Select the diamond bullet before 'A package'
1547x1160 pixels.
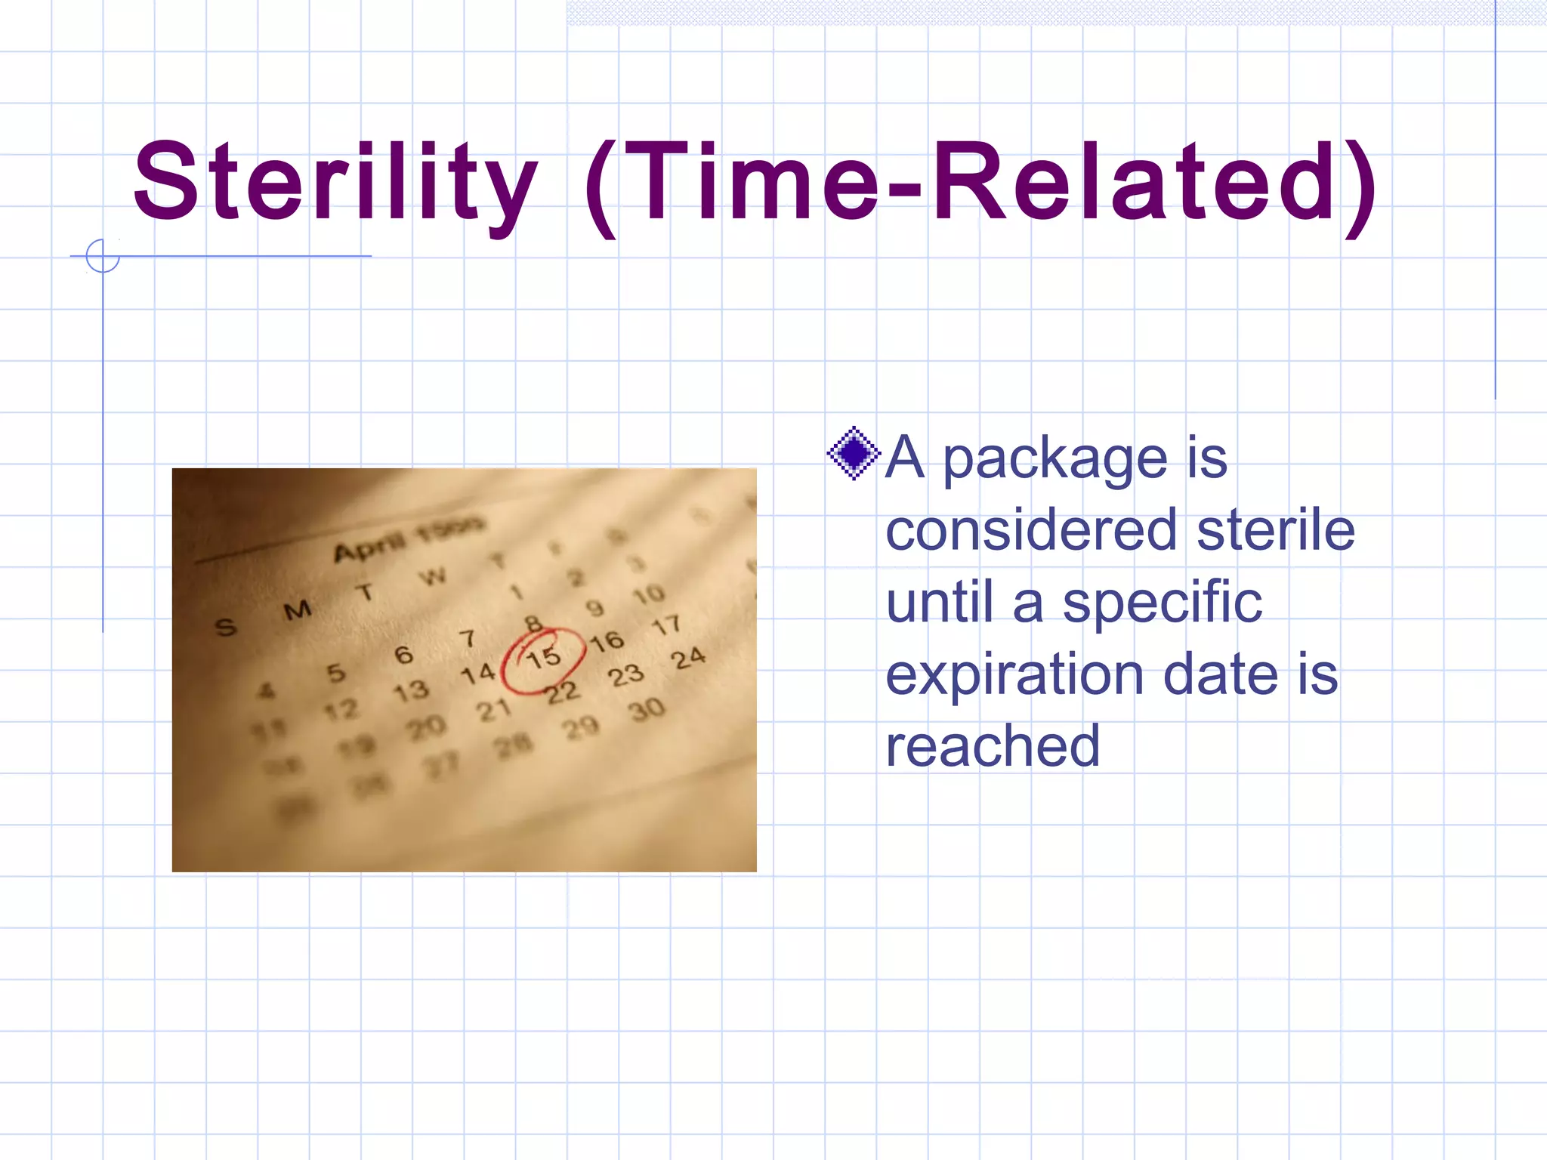pos(854,454)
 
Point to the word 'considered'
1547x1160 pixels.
pos(1031,529)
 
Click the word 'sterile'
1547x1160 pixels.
pos(1276,529)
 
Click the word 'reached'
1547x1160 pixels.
pos(992,746)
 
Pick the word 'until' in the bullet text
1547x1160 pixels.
pos(939,602)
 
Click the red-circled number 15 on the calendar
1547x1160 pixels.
pos(544,658)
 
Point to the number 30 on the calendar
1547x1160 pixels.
pos(647,709)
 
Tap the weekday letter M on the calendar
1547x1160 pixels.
pos(298,610)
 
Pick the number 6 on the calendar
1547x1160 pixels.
pos(403,654)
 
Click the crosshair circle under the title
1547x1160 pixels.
pos(103,256)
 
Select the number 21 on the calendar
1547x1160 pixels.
pos(493,710)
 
